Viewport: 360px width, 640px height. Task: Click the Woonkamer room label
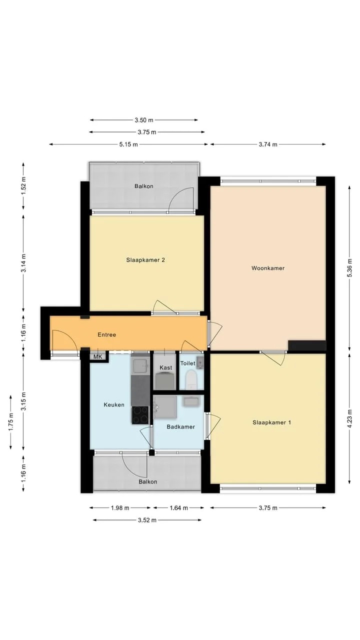[268, 268]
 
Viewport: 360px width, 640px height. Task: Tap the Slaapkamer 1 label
[271, 422]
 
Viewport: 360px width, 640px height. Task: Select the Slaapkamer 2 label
[145, 260]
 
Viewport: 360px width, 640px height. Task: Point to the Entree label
[107, 334]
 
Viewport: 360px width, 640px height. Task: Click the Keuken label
[114, 404]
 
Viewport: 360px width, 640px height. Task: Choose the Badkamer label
[181, 426]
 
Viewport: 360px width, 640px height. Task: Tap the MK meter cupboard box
[98, 357]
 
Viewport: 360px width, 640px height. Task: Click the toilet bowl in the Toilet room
[191, 379]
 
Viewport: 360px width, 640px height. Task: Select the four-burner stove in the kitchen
[140, 415]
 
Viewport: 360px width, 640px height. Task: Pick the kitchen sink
[139, 364]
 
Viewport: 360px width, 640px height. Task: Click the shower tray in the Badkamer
[165, 407]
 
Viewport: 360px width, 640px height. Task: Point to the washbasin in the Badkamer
[191, 401]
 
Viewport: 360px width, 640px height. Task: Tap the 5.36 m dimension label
[349, 267]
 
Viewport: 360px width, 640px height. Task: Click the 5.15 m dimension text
[128, 144]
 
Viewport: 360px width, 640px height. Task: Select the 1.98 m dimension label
[120, 507]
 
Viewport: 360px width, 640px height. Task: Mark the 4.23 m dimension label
[349, 419]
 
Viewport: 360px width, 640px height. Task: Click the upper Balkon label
[144, 186]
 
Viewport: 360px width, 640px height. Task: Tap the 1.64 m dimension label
[179, 507]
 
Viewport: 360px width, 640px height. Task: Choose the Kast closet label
[165, 367]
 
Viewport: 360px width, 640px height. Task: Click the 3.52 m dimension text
[147, 520]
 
